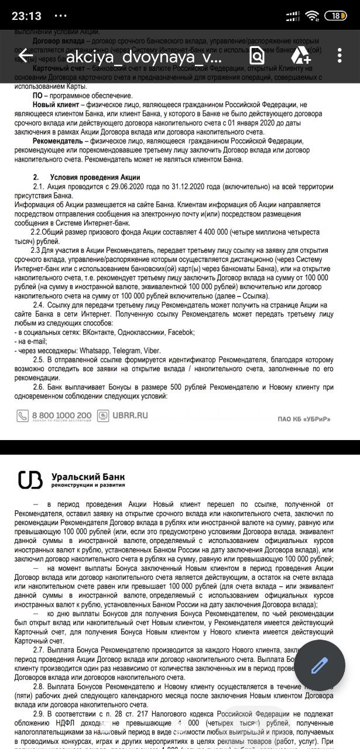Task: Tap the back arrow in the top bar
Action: (25, 56)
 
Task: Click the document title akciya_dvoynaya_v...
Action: (144, 57)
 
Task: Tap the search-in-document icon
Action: (257, 56)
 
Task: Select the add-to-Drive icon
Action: (301, 56)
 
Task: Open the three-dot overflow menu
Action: (340, 56)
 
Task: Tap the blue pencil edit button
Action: (318, 666)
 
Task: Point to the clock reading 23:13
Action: (22, 15)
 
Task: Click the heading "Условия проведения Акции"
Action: (95, 177)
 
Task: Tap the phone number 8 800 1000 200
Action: (61, 415)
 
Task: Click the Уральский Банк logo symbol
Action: (30, 480)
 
